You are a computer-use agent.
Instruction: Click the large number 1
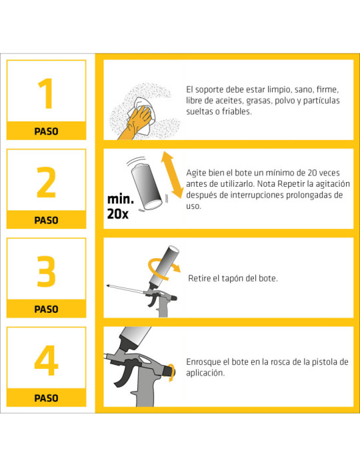point(46,93)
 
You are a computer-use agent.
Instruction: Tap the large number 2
point(46,182)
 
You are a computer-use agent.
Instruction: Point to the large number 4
point(46,360)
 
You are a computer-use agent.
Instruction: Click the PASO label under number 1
point(46,131)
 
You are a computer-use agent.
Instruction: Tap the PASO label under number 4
point(46,398)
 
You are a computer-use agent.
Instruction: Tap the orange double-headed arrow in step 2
point(171,174)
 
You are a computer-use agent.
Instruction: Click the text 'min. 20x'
point(119,207)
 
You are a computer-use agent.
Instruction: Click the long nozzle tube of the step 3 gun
point(127,288)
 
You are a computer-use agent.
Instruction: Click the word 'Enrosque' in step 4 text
point(205,362)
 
